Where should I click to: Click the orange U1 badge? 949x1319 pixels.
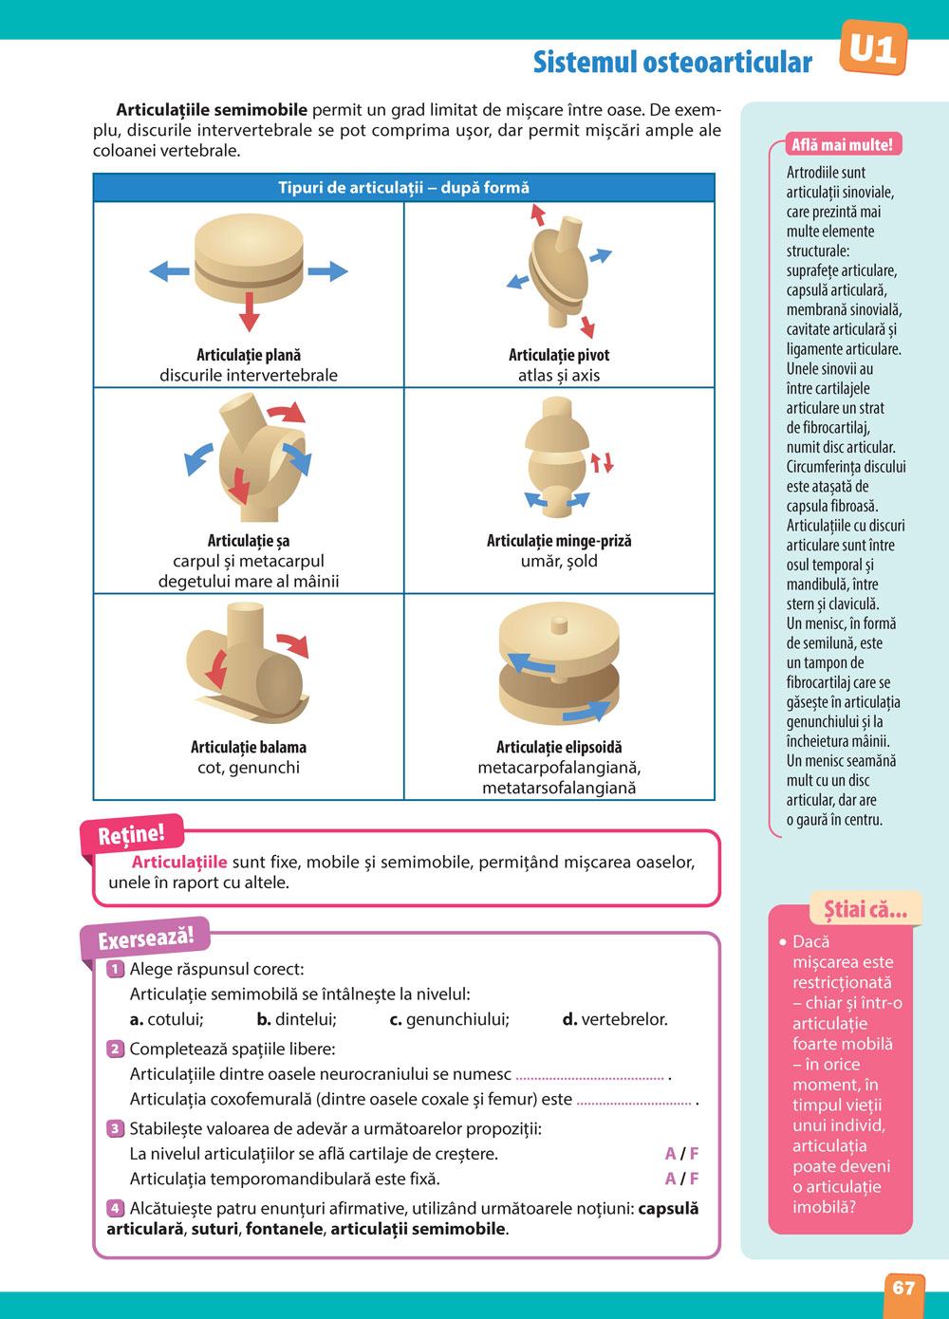coord(873,48)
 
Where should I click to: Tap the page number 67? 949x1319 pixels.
coord(903,1288)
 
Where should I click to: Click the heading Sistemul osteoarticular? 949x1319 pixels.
coord(672,63)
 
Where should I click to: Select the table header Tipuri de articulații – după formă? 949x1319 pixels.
coord(403,188)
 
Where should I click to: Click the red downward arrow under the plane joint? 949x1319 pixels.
coord(249,310)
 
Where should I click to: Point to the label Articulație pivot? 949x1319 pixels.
coord(559,355)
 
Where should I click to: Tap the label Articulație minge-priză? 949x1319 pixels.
coord(559,541)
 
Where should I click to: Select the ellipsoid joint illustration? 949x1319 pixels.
coord(559,664)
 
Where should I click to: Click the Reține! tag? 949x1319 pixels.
coord(131,835)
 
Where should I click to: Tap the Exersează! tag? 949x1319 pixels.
coord(145,939)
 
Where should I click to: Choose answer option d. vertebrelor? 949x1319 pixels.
coord(615,1019)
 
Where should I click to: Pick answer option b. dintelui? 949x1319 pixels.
coord(296,1019)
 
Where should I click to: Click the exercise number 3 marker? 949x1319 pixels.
coord(115,1128)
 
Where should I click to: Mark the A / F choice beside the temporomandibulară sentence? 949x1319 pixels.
coord(681,1179)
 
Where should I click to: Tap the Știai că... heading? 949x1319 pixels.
coord(865,910)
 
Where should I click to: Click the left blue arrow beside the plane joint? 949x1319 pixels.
coord(170,271)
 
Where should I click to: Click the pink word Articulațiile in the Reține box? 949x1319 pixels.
coord(179,862)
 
